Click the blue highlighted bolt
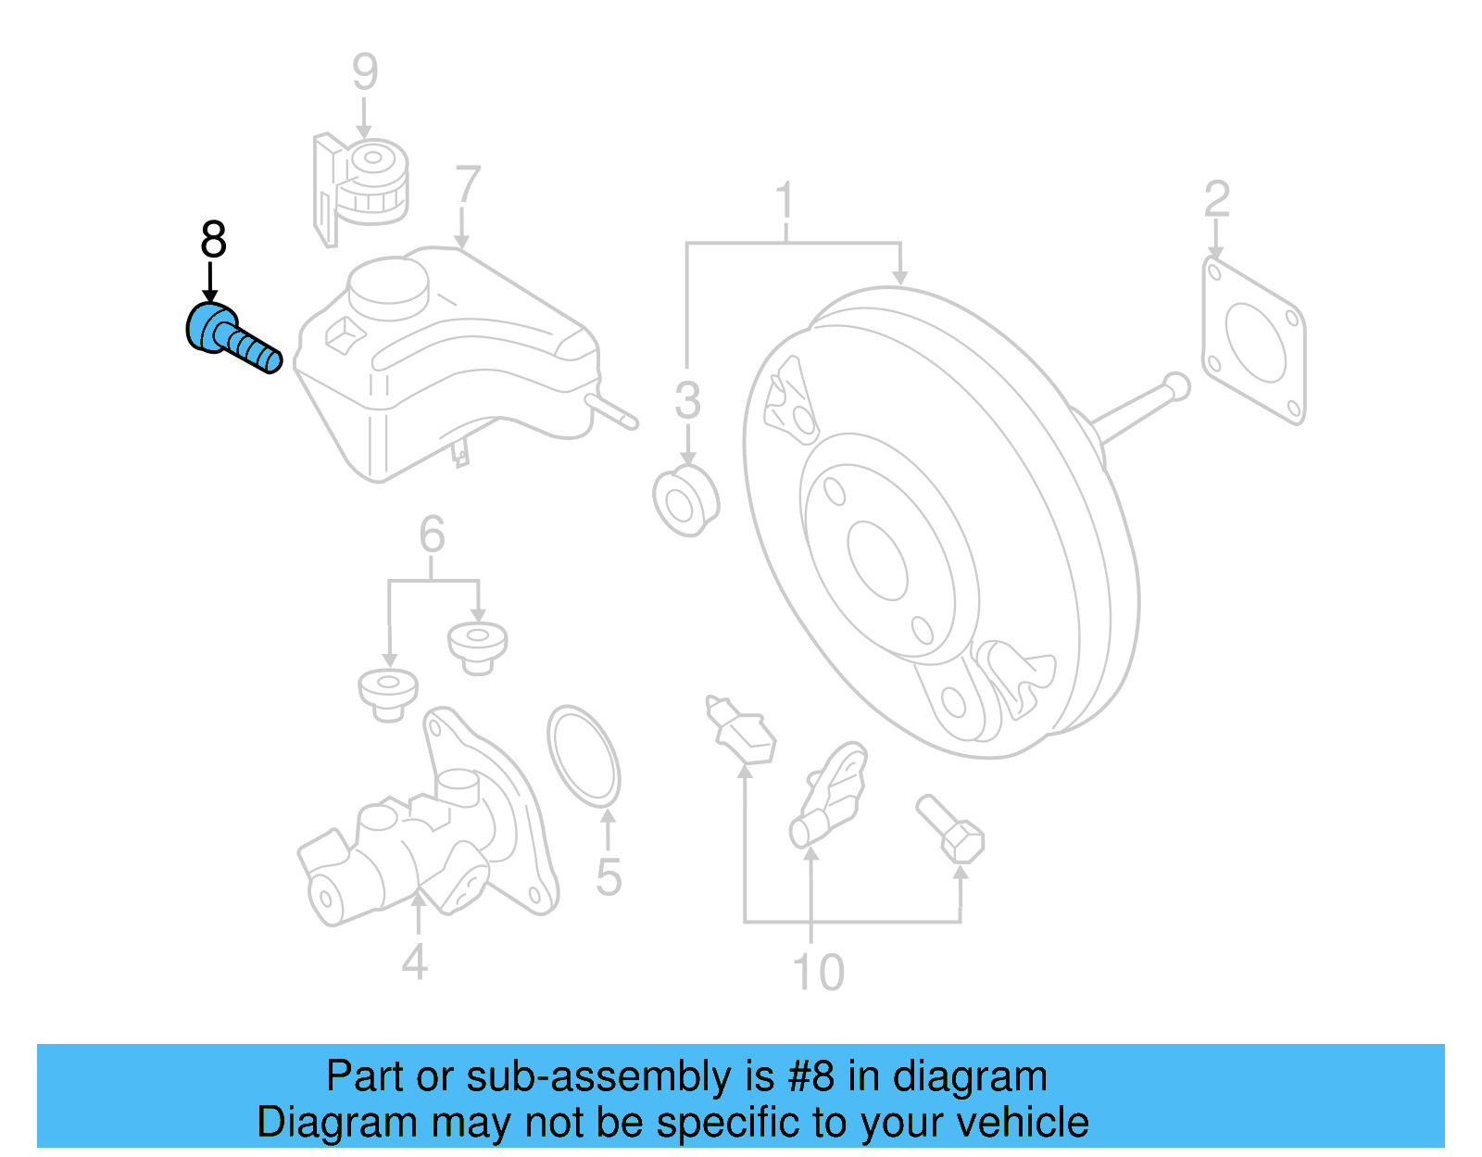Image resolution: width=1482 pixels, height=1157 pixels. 232,338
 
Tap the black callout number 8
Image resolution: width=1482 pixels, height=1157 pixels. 213,239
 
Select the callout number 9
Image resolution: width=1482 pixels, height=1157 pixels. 365,71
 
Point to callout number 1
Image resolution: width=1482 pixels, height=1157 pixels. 785,199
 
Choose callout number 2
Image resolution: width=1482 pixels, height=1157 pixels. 1217,198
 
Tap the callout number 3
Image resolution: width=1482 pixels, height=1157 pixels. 687,400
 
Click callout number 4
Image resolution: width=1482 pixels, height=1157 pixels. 415,962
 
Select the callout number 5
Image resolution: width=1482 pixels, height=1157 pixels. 609,877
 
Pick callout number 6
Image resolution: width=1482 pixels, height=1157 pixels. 432,534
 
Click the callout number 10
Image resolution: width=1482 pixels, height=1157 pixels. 819,972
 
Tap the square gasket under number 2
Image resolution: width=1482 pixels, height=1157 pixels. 1253,341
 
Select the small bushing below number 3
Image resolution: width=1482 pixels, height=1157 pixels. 685,501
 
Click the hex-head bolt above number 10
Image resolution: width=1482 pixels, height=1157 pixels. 950,828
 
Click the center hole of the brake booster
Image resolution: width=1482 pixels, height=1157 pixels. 877,561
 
